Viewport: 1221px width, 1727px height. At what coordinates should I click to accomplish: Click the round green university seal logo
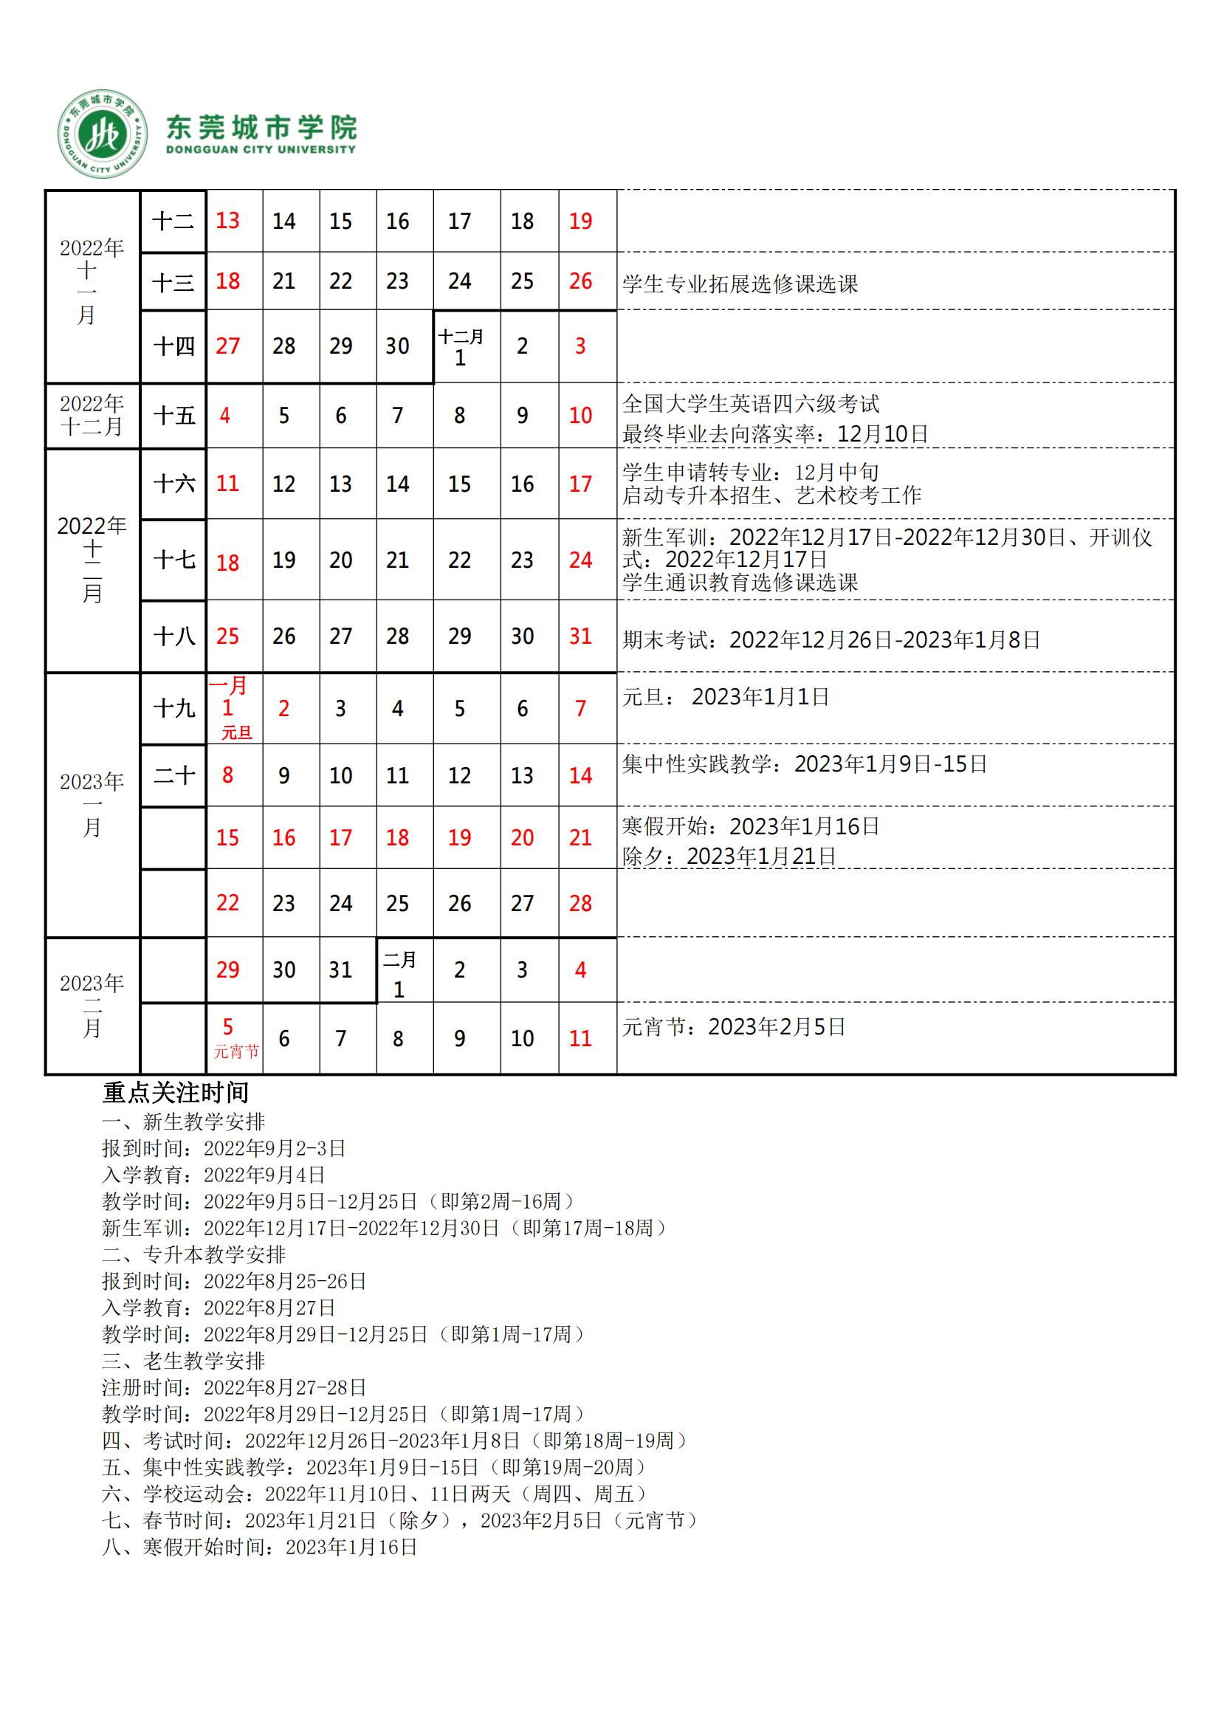pyautogui.click(x=103, y=134)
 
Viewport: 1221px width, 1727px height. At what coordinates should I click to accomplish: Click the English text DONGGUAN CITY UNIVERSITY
pyautogui.click(x=260, y=150)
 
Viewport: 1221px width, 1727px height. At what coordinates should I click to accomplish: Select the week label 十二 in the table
pyautogui.click(x=173, y=222)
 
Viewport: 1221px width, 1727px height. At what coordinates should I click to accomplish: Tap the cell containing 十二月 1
pyautogui.click(x=460, y=347)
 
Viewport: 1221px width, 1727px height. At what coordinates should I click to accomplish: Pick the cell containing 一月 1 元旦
pyautogui.click(x=234, y=708)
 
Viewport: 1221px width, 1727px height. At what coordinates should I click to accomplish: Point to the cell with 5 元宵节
pyautogui.click(x=234, y=1038)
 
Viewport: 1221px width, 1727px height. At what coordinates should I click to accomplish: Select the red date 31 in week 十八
pyautogui.click(x=580, y=636)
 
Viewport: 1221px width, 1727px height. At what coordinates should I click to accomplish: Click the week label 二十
pyautogui.click(x=173, y=775)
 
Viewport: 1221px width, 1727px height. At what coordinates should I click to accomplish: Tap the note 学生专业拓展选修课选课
pyautogui.click(x=740, y=284)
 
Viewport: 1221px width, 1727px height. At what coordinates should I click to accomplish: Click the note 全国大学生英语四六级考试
pyautogui.click(x=750, y=404)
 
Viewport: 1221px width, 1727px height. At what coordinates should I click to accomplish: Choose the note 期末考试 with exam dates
pyautogui.click(x=830, y=640)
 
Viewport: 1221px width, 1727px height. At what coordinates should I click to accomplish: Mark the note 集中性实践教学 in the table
pyautogui.click(x=804, y=764)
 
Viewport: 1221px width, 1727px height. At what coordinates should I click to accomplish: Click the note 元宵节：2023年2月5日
pyautogui.click(x=733, y=1027)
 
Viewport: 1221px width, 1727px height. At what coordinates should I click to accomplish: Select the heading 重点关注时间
pyautogui.click(x=175, y=1092)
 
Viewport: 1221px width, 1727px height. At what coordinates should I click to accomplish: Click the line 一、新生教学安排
pyautogui.click(x=184, y=1122)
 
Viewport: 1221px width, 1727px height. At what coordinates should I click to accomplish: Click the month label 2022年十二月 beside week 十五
pyautogui.click(x=92, y=415)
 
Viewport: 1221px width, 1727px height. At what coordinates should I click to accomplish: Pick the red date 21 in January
pyautogui.click(x=580, y=838)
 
